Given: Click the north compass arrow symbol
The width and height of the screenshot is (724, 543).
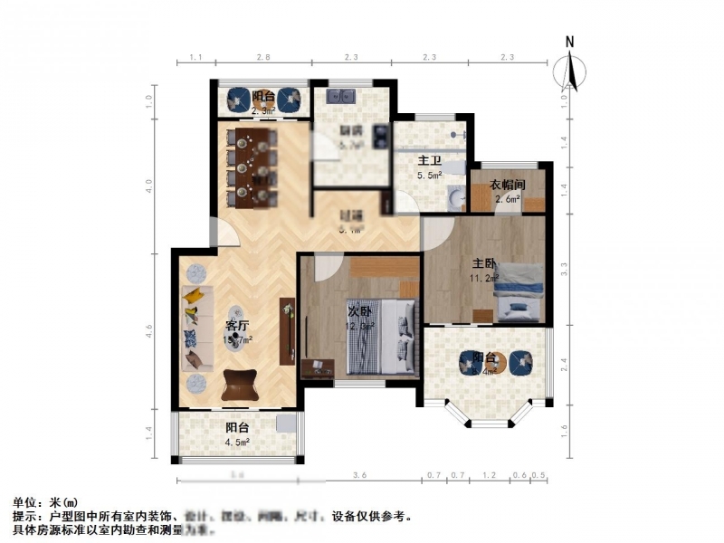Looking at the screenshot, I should coord(570,68).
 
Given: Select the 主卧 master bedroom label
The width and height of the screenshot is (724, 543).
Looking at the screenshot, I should coord(483,263).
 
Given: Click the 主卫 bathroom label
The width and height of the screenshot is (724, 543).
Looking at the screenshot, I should coord(429,160).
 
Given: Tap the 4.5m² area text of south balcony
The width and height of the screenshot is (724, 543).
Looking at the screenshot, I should coord(237,443).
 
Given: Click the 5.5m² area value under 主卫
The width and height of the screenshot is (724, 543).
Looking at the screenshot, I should coord(429,175).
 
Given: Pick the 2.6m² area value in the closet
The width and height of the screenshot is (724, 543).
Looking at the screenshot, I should coord(507,199).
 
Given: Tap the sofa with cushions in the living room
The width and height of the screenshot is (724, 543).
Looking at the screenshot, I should coord(193,328).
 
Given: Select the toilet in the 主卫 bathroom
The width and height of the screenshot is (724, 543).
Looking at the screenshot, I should coord(452,195).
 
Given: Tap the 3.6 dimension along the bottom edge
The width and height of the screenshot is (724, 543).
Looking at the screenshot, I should coord(359,475).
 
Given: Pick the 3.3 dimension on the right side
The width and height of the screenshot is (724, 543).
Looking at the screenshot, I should coord(564,269).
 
